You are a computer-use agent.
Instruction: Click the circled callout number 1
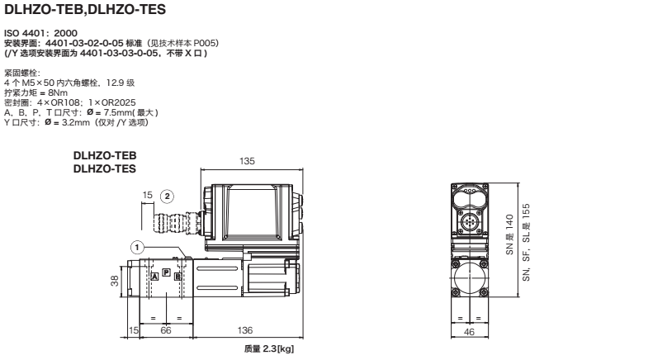tap(137, 248)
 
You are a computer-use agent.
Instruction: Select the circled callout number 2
tap(167, 197)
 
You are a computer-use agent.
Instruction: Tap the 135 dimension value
tap(247, 161)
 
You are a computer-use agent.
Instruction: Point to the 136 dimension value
tap(245, 330)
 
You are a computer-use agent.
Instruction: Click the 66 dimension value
tap(166, 330)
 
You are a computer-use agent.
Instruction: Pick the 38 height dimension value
tap(115, 281)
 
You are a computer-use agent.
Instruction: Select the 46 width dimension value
tap(469, 332)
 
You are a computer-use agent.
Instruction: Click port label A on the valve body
tap(154, 277)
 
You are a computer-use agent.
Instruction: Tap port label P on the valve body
tap(166, 272)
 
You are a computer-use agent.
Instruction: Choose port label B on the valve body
tap(177, 277)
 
